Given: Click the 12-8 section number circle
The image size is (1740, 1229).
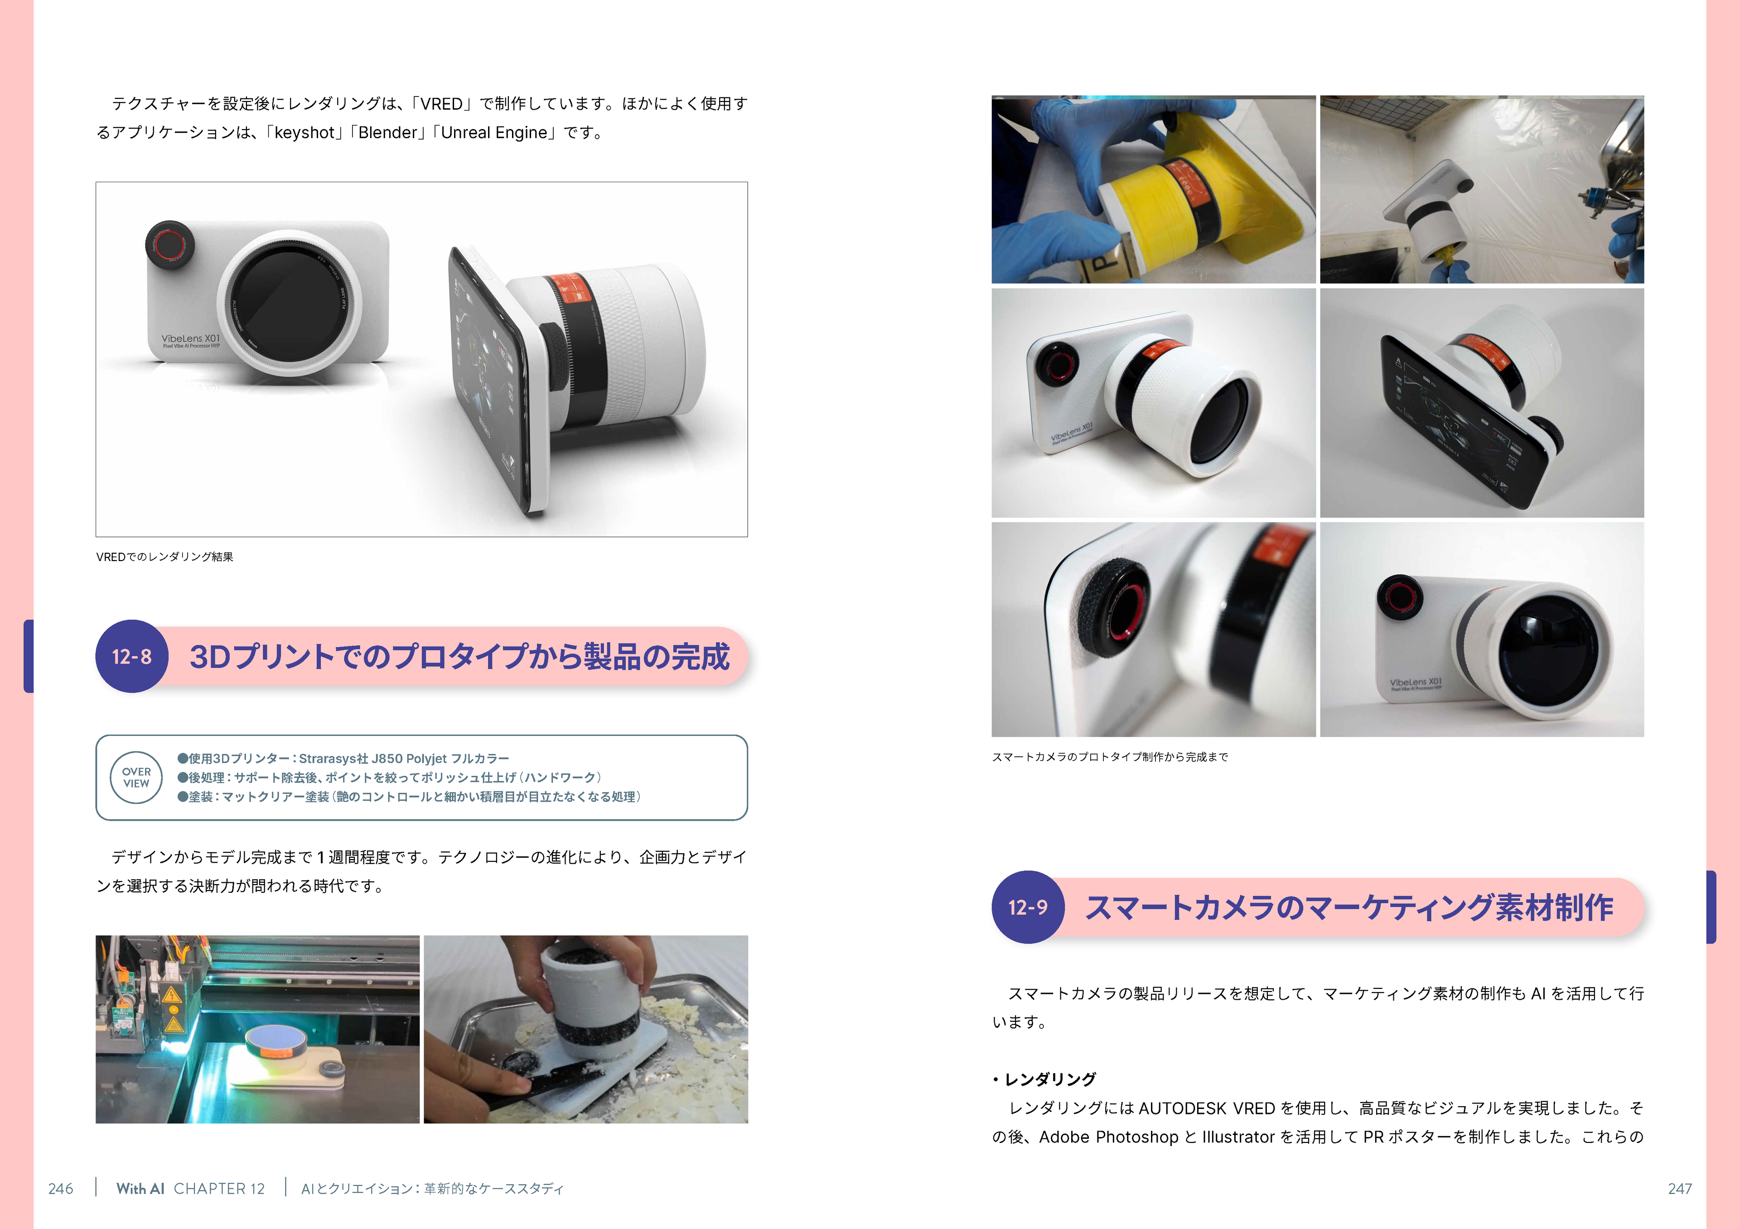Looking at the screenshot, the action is pos(132,656).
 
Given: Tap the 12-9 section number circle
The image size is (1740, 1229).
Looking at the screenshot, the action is pos(1028,907).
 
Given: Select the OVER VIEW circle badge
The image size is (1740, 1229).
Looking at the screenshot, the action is pos(136,777).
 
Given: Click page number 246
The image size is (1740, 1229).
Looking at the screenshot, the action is pos(61,1188).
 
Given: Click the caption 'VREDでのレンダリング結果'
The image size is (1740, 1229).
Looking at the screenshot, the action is pos(164,557).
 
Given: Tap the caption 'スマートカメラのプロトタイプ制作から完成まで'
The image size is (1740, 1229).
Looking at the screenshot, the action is pos(1110,757).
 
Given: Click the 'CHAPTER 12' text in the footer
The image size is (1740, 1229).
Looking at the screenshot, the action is pos(219,1188).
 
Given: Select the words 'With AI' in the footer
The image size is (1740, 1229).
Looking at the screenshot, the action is pos(140,1188).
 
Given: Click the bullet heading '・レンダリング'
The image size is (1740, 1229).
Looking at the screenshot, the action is pos(1044,1079).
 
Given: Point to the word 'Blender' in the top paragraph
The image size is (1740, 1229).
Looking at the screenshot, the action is pos(387,133).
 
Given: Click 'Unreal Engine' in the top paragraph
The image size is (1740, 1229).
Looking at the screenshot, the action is pos(493,133).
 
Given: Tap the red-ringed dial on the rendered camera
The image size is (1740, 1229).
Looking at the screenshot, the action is pos(170,244).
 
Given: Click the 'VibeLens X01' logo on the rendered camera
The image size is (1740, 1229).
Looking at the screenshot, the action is pos(191,339).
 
